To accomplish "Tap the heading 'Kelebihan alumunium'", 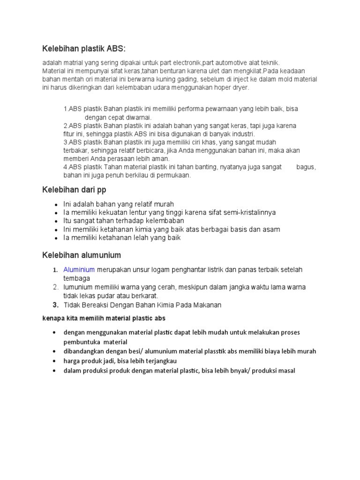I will pyautogui.click(x=82, y=255).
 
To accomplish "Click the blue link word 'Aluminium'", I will pyautogui.click(x=79, y=270).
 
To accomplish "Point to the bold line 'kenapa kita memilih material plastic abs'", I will pyautogui.click(x=104, y=318).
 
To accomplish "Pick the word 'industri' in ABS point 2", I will pyautogui.click(x=240, y=134).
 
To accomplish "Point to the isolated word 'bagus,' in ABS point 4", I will pyautogui.click(x=306, y=167).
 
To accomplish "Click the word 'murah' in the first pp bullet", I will pyautogui.click(x=163, y=204).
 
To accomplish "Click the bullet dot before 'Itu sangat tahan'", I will pyautogui.click(x=56, y=221).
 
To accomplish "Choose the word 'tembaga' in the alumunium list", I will pyautogui.click(x=76, y=278).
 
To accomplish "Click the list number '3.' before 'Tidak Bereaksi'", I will pyautogui.click(x=55, y=305).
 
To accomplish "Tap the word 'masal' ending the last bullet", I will pyautogui.click(x=285, y=371).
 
